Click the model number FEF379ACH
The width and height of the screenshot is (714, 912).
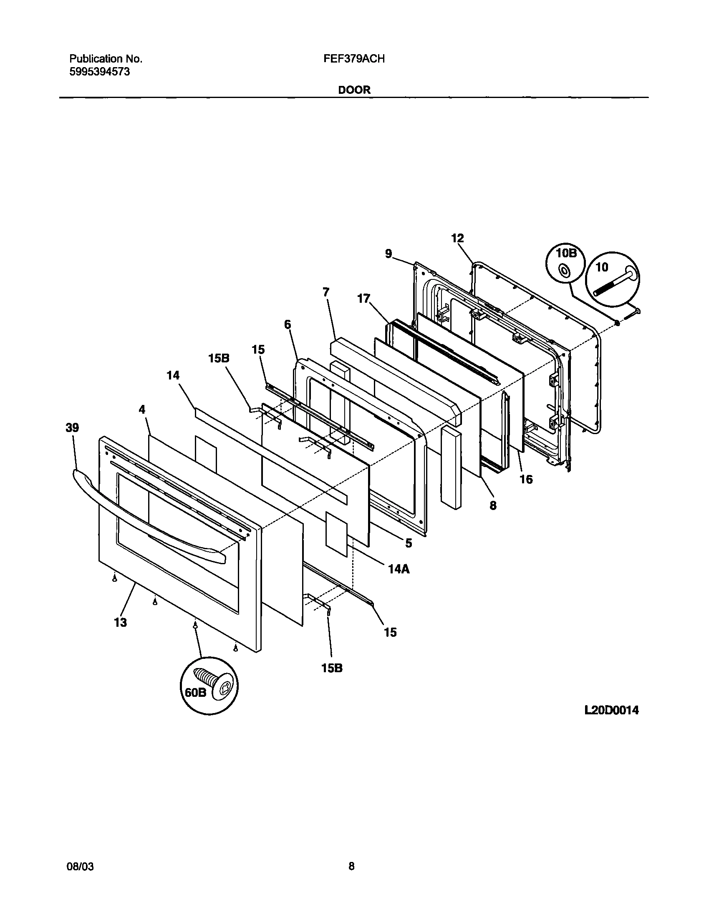click(353, 59)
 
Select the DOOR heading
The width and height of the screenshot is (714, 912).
click(354, 90)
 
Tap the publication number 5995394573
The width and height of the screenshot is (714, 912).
click(99, 72)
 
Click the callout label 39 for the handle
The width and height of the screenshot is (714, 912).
click(72, 428)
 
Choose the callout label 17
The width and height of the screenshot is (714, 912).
click(364, 299)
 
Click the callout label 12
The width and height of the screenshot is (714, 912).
click(457, 238)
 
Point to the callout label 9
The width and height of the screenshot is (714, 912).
click(389, 254)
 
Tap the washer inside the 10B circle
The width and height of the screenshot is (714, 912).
click(565, 272)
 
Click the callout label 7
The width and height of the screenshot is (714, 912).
click(326, 292)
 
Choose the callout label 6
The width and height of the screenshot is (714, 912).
click(288, 324)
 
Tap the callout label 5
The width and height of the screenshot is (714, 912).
click(409, 543)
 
